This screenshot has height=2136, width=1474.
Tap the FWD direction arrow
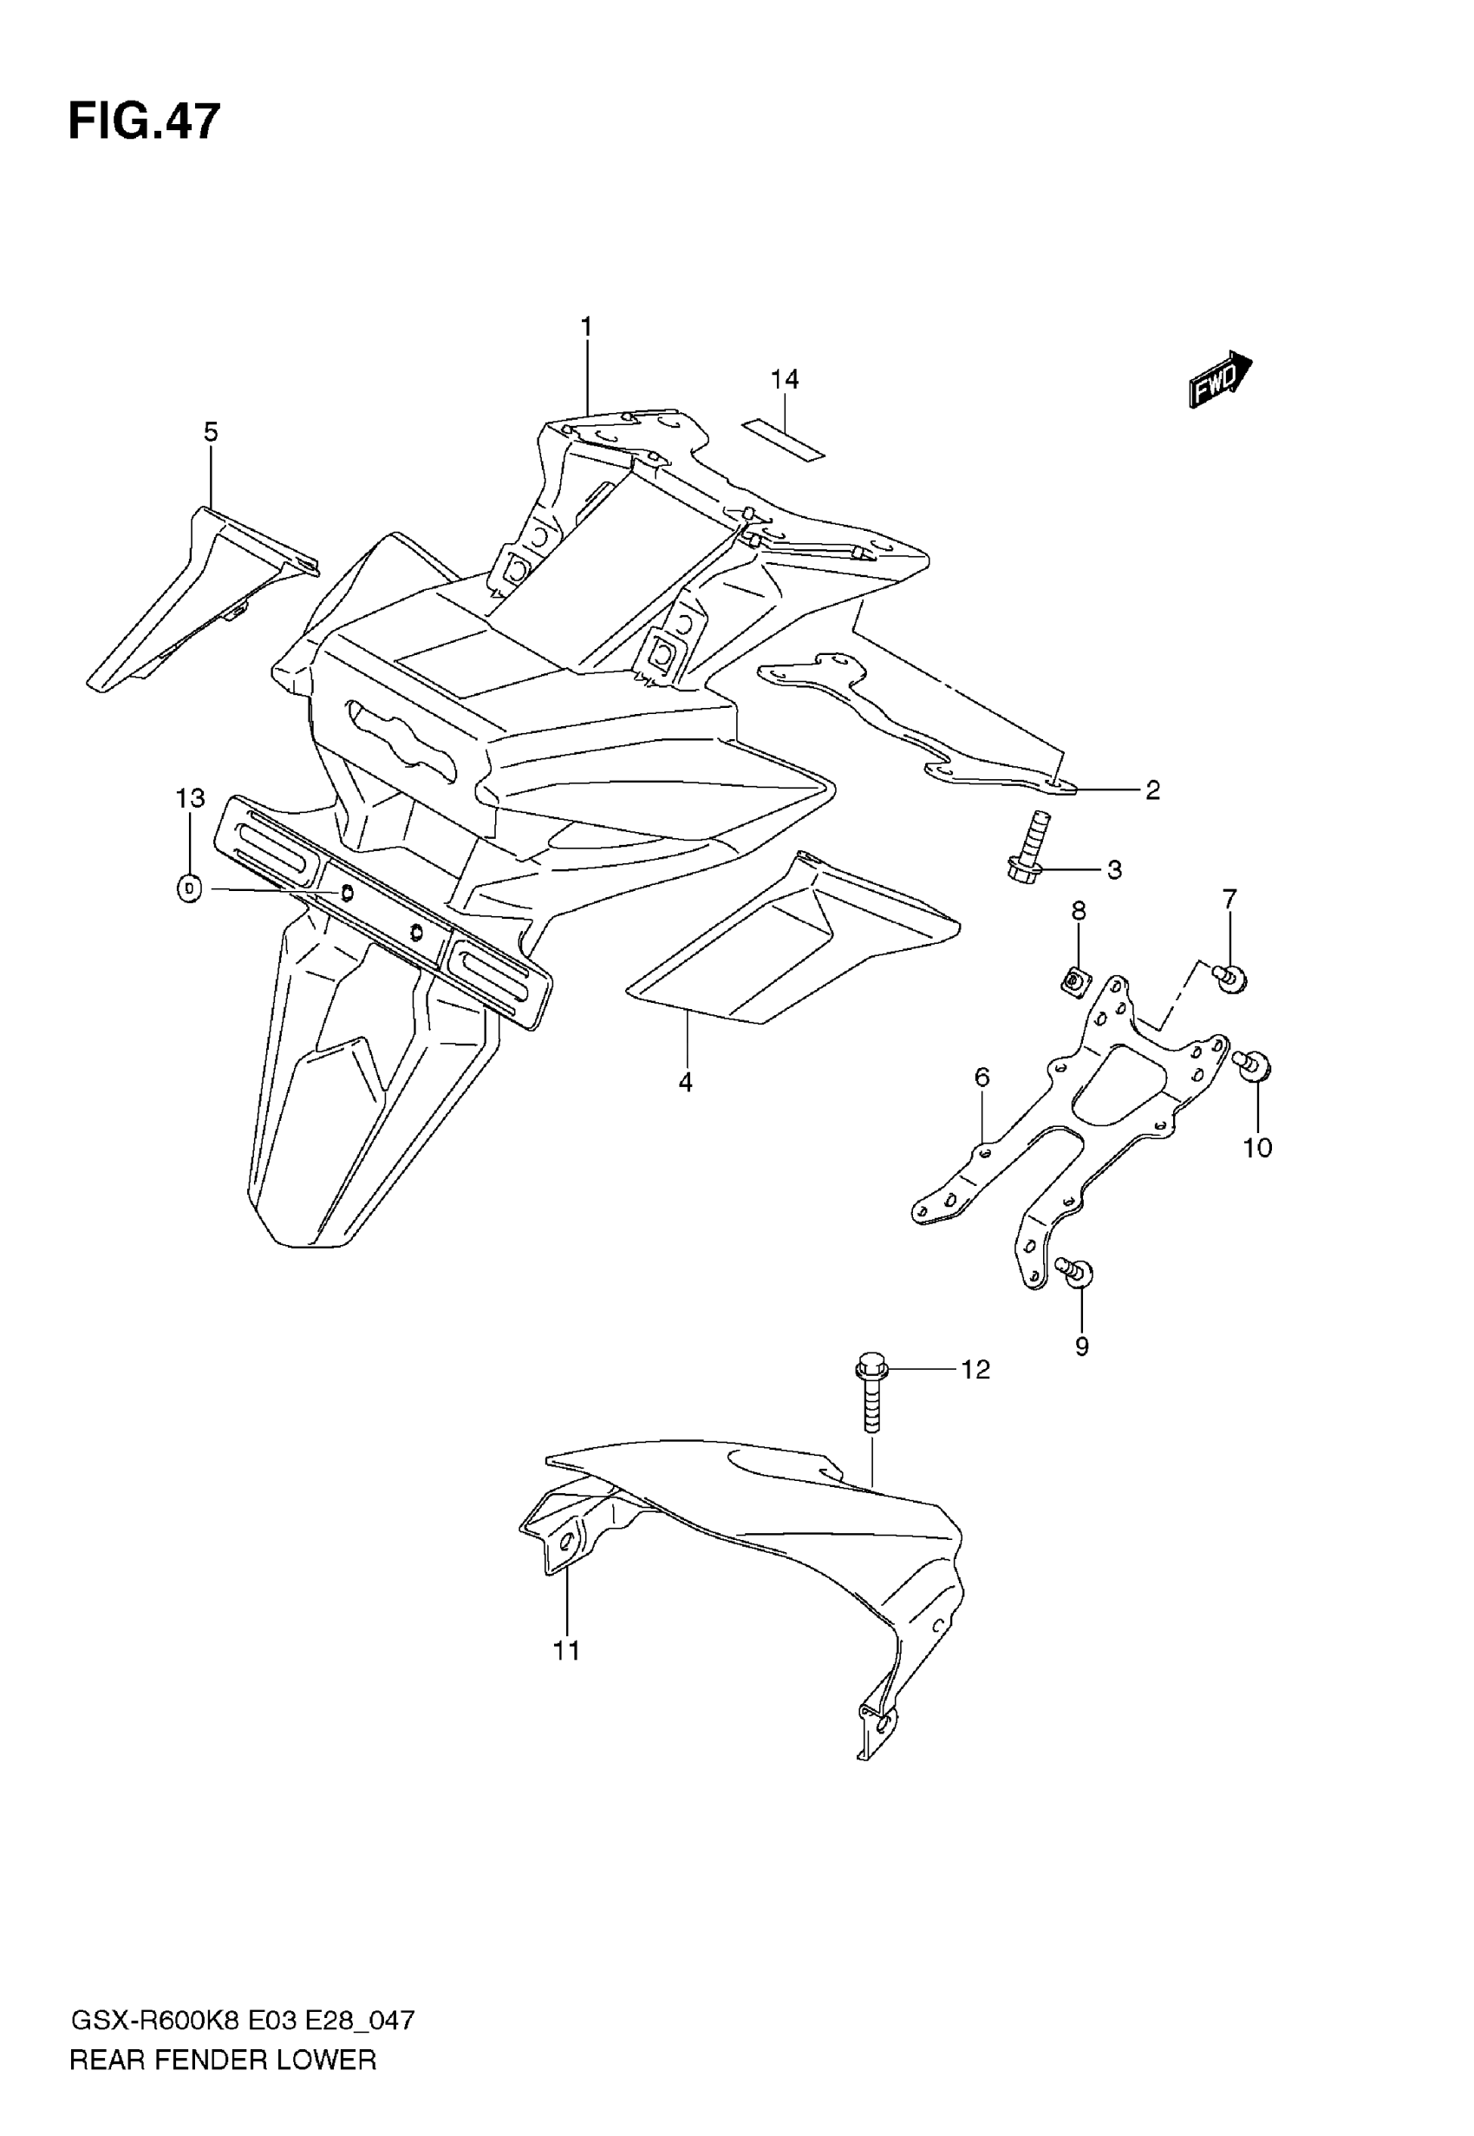1220,379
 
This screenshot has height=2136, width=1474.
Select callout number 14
784,379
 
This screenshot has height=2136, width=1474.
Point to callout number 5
211,431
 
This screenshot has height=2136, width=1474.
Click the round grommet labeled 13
189,888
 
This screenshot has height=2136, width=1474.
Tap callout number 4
685,1082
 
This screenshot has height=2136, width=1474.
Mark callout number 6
982,1078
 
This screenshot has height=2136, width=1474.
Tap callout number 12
975,1369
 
